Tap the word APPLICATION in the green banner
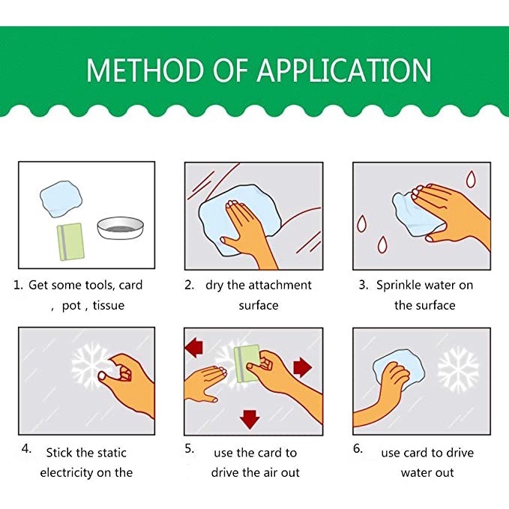[x=344, y=70]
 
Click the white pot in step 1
[x=121, y=228]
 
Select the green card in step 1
[x=70, y=242]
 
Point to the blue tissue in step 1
[x=61, y=199]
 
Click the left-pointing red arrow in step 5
[x=194, y=347]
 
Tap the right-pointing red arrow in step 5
[x=303, y=367]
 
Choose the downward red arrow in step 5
[x=250, y=419]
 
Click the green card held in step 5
[x=247, y=364]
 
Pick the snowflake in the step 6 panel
[x=458, y=370]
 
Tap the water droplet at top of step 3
[x=471, y=179]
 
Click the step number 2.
[x=189, y=285]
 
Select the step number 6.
[x=358, y=448]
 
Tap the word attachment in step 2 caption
[x=277, y=286]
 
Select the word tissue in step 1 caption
[x=109, y=305]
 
